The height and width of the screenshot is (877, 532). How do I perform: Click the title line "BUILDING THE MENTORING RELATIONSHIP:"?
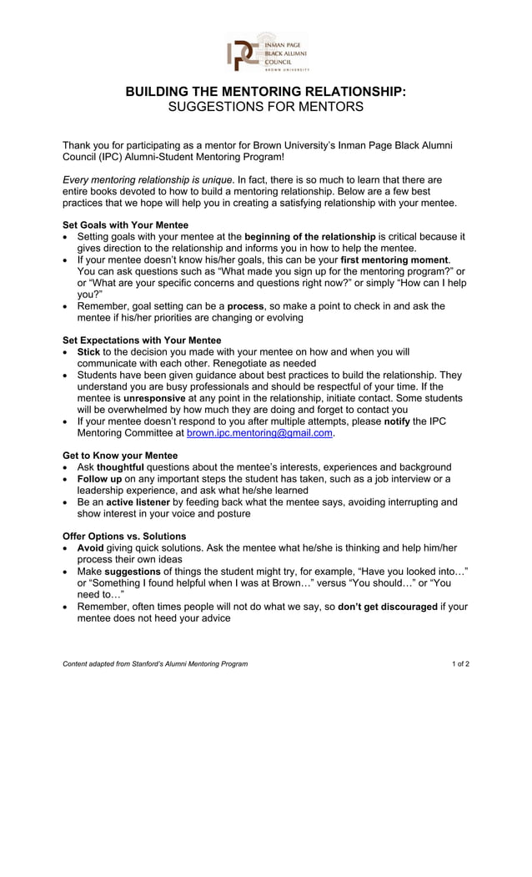coord(266,91)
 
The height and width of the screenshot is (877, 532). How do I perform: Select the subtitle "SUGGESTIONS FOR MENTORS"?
coord(266,107)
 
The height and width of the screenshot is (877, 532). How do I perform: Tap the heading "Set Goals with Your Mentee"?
coord(125,225)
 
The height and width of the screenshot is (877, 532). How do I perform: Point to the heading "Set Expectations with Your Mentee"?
coord(142,340)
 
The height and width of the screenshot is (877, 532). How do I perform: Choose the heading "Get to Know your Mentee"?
coord(120,456)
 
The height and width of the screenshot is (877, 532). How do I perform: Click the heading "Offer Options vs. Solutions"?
coord(124,537)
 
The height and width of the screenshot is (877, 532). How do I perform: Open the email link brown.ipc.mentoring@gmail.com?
coord(260,434)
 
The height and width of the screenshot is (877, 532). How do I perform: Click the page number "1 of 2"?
coord(460,664)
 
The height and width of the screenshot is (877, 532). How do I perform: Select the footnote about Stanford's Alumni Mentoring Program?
coord(155,664)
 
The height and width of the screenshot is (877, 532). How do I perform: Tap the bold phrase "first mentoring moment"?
coord(394,260)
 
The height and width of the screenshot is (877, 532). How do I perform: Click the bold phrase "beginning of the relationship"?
coord(309,237)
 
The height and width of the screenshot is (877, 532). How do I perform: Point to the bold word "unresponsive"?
coord(154,399)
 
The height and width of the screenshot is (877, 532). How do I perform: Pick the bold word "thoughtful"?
coord(120,467)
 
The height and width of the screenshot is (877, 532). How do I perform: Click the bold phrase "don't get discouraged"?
coord(387,607)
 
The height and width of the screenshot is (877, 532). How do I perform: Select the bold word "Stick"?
coord(88,352)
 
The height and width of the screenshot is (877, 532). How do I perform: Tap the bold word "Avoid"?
coord(90,548)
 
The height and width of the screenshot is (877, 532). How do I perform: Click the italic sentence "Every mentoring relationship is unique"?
coord(148,179)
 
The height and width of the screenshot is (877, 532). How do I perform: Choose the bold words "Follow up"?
coord(99,479)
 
